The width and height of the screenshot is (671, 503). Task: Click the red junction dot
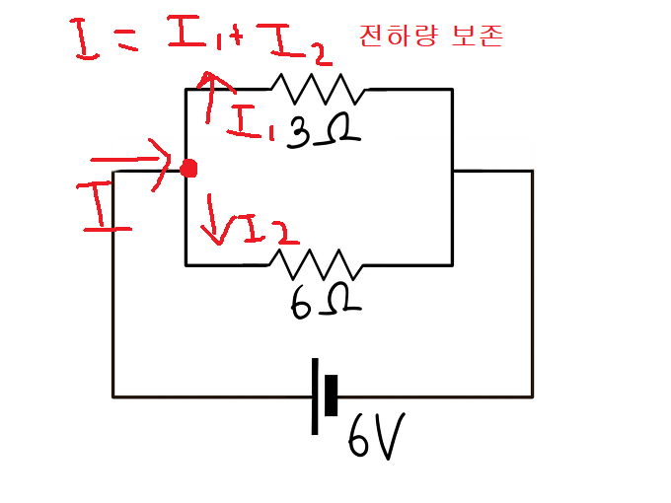(x=188, y=169)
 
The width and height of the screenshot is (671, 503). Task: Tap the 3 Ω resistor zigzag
(x=317, y=89)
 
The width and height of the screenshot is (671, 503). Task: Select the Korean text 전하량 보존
(x=431, y=37)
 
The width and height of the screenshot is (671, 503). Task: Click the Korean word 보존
(x=480, y=37)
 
